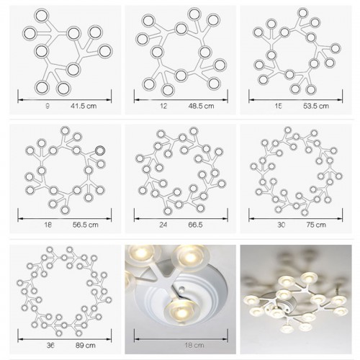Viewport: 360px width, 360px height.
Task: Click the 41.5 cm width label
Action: click(x=84, y=106)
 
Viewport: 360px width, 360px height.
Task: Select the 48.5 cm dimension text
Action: click(x=201, y=106)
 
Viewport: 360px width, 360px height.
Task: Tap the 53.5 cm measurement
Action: click(x=316, y=106)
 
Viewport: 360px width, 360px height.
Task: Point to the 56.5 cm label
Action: click(x=86, y=225)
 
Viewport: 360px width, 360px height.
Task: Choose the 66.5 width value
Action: click(x=195, y=225)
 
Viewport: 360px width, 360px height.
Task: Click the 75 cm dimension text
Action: click(x=316, y=225)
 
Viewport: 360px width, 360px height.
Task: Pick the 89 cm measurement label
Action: click(x=86, y=346)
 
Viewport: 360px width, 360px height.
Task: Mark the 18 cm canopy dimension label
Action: click(x=194, y=346)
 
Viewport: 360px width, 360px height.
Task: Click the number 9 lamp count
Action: click(x=48, y=106)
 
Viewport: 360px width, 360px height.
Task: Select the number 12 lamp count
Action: click(x=163, y=106)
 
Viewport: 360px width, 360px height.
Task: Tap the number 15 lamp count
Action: click(x=278, y=106)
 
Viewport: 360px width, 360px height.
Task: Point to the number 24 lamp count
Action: click(x=163, y=225)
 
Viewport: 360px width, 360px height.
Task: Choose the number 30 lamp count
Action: click(x=281, y=225)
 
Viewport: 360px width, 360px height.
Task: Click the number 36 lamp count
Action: click(x=50, y=346)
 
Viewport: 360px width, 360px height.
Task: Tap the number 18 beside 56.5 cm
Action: click(x=48, y=225)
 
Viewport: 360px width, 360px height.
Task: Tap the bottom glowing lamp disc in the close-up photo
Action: click(x=181, y=311)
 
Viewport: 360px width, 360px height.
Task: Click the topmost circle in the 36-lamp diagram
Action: click(x=50, y=250)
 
